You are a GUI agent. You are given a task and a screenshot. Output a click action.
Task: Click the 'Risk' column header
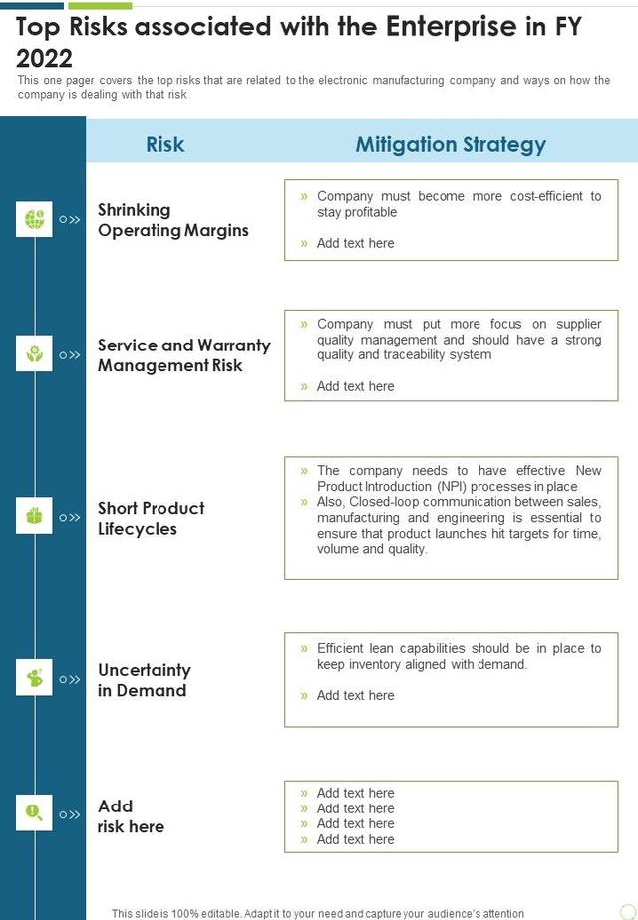[x=164, y=144]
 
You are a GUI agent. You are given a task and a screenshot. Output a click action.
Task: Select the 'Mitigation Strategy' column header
[x=451, y=144]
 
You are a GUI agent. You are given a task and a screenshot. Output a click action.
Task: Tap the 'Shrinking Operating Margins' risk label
[x=172, y=220]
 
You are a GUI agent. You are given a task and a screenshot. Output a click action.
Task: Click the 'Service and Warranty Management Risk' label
[x=183, y=355]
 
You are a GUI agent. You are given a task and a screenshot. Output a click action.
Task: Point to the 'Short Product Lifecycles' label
[x=151, y=518]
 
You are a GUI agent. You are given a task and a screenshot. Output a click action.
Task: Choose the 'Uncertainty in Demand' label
[x=144, y=680]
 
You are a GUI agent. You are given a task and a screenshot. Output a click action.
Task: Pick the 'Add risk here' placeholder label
[x=130, y=815]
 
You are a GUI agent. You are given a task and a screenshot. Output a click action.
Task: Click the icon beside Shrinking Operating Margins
[x=34, y=219]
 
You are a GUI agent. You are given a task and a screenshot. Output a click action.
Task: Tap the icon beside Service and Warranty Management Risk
[x=34, y=354]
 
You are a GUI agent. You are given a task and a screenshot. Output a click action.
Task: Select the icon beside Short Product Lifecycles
[x=34, y=517]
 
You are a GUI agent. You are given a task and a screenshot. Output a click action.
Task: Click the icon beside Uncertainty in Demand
[x=34, y=679]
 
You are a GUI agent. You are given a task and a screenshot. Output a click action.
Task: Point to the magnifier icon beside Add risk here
[x=34, y=814]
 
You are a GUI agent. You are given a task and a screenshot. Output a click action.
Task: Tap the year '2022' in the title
[x=45, y=59]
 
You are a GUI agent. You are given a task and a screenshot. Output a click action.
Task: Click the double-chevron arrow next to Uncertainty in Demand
[x=70, y=680]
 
